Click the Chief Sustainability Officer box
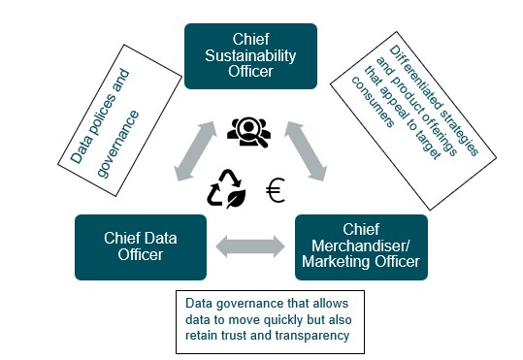(x=250, y=56)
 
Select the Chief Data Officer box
(x=141, y=247)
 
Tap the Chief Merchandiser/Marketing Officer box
(x=361, y=247)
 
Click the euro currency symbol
(x=276, y=190)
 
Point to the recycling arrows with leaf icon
(x=226, y=189)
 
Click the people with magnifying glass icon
(x=248, y=132)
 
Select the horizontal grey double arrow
(x=250, y=246)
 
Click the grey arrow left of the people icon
(x=195, y=151)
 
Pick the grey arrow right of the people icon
(x=306, y=151)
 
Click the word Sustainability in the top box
(x=250, y=55)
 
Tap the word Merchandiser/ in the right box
(x=361, y=245)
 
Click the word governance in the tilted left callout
(x=118, y=144)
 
